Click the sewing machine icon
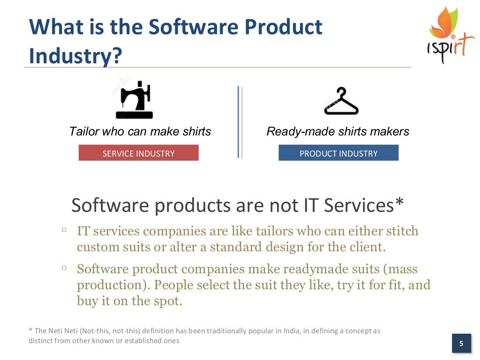pyautogui.click(x=135, y=100)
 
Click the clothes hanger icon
pyautogui.click(x=341, y=102)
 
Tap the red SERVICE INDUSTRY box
pyautogui.click(x=138, y=153)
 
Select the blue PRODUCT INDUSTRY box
pyautogui.click(x=338, y=153)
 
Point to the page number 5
pyautogui.click(x=461, y=344)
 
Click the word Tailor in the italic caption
pyautogui.click(x=84, y=132)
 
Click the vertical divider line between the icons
pyautogui.click(x=239, y=122)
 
